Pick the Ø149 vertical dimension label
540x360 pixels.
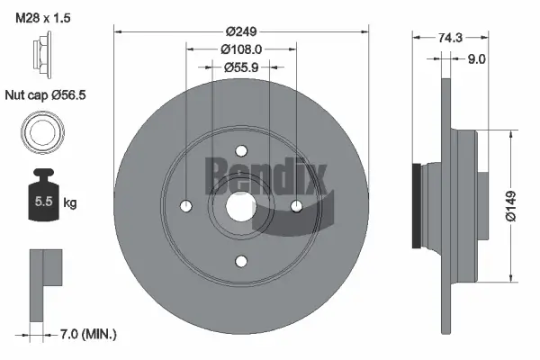coord(510,204)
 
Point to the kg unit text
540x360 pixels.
coord(70,203)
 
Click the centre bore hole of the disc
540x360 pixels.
coord(241,206)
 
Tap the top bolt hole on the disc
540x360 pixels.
coord(241,151)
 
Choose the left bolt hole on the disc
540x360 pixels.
coord(186,206)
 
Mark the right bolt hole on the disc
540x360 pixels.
coord(297,206)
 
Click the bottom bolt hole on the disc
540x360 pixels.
coord(241,261)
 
